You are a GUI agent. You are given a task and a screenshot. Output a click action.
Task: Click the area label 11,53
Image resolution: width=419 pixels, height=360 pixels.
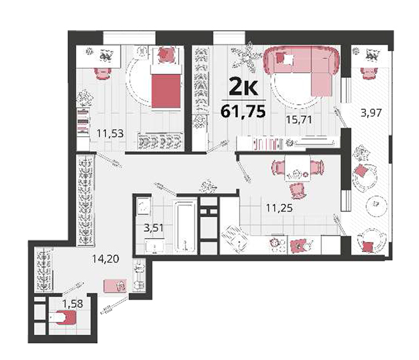click(110, 133)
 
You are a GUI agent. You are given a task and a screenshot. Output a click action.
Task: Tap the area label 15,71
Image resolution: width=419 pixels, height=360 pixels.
click(299, 120)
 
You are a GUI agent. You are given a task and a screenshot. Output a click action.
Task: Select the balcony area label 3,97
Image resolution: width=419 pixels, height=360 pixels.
click(371, 113)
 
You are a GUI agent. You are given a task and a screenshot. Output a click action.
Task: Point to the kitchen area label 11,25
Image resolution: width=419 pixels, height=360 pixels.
click(280, 207)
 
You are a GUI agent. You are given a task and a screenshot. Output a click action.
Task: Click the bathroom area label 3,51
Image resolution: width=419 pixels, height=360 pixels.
click(153, 228)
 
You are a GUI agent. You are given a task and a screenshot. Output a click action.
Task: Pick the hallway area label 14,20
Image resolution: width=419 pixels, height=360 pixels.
click(105, 259)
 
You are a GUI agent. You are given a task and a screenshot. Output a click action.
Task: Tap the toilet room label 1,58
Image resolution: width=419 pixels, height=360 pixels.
click(73, 304)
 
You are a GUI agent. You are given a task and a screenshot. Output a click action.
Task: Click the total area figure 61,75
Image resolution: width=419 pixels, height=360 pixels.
click(243, 111)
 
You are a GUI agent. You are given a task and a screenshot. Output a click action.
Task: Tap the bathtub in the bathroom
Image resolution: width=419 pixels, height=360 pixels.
click(185, 227)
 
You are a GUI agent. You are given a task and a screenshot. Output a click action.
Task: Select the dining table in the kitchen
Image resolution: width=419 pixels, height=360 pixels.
click(298, 168)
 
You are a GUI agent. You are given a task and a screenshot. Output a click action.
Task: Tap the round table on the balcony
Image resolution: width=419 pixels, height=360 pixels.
click(376, 205)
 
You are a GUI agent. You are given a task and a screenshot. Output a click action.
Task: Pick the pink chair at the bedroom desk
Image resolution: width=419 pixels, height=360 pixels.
click(102, 73)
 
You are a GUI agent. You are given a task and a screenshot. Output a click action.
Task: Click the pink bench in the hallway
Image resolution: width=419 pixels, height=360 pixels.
click(115, 286)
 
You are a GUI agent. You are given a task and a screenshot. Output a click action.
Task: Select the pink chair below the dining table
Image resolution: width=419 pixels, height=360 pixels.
click(297, 190)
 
